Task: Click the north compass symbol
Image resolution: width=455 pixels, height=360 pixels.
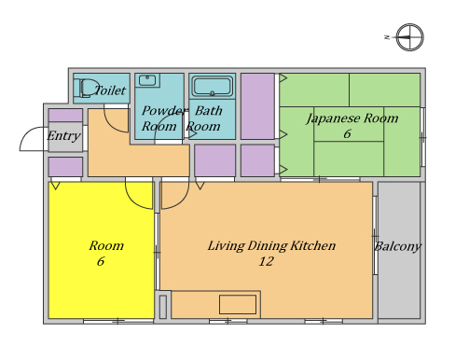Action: [x=409, y=37]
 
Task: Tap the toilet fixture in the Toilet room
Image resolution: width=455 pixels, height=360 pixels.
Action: [x=87, y=88]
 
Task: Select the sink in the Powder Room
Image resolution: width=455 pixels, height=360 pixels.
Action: [x=147, y=80]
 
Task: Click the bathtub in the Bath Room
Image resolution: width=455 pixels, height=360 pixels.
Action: [x=212, y=86]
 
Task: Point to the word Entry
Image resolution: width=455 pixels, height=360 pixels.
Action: [x=63, y=136]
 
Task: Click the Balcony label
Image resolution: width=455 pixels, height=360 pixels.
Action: [x=398, y=246]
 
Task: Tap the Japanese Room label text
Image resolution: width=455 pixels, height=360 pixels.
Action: [x=352, y=118]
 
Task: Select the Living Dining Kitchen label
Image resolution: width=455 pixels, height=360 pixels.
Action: [x=271, y=246]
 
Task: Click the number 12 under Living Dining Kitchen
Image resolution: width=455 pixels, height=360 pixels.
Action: [x=267, y=261]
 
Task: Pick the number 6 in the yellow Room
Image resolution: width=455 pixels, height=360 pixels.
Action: [x=101, y=261]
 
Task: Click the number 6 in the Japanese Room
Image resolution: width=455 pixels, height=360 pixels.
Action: [x=347, y=134]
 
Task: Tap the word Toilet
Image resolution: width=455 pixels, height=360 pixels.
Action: [x=110, y=90]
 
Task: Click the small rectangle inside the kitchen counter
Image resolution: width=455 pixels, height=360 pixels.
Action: [x=238, y=304]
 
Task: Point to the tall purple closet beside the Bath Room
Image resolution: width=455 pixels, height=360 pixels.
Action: [x=257, y=106]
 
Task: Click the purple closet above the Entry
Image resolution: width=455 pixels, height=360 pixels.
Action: [x=65, y=116]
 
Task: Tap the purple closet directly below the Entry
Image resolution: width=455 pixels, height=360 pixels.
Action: [x=65, y=167]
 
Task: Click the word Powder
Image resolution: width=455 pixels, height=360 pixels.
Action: [x=165, y=111]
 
